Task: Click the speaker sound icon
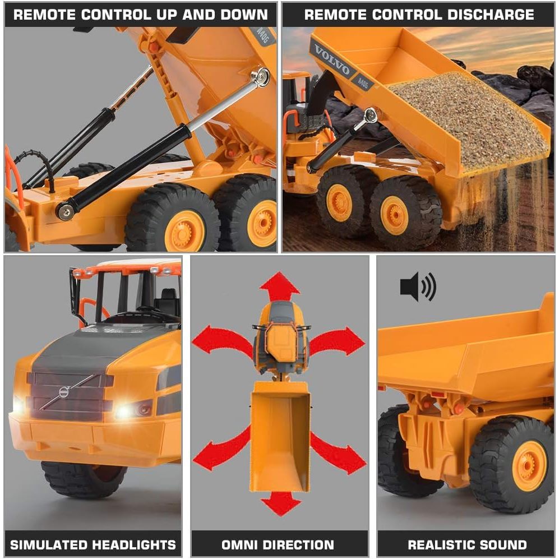(x=418, y=287)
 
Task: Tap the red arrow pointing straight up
(x=279, y=287)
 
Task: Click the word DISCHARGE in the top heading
(x=491, y=15)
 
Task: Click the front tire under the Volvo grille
(x=84, y=479)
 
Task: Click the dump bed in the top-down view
(x=280, y=437)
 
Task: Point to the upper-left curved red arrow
(x=221, y=343)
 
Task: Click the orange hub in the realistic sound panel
(x=529, y=466)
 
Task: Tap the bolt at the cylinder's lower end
(x=66, y=210)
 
